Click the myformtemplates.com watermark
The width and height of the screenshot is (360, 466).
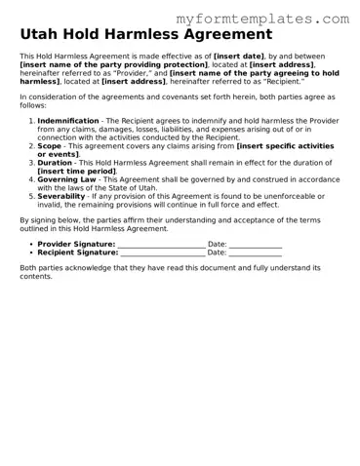(x=276, y=18)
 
